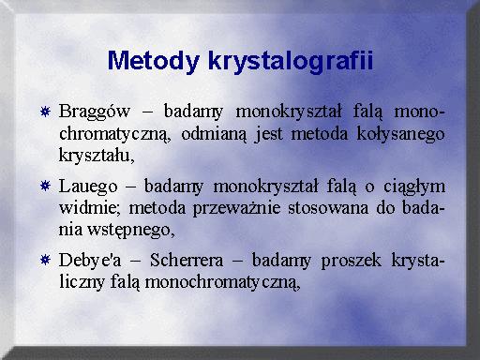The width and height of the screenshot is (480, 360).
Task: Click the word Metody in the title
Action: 154,61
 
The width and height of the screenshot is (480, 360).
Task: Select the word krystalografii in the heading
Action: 291,61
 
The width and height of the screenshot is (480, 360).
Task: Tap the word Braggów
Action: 95,112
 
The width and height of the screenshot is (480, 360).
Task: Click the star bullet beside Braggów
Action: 45,112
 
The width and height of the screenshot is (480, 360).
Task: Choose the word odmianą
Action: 214,134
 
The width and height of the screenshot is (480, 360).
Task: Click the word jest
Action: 269,135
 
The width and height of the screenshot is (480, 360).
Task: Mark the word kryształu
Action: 97,155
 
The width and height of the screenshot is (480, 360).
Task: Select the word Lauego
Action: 88,187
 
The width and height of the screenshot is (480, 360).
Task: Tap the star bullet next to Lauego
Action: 45,187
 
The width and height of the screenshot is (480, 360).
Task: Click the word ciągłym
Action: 414,187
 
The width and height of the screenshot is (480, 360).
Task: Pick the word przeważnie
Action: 236,209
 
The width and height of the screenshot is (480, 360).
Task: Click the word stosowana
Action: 328,208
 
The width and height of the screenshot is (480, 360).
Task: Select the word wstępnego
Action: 130,231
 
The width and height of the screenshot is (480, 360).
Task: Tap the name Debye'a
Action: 90,261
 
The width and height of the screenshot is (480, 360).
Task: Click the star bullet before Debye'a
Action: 45,260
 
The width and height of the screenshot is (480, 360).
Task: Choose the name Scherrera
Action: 187,260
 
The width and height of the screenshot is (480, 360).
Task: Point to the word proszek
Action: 352,262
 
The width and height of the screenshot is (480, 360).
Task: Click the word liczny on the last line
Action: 82,282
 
